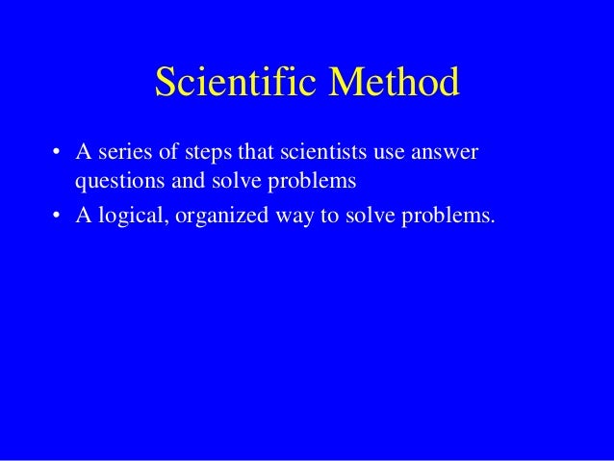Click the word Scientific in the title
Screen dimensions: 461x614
[x=237, y=85]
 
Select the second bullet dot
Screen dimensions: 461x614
[x=57, y=214]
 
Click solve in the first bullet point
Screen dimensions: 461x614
[x=224, y=179]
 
